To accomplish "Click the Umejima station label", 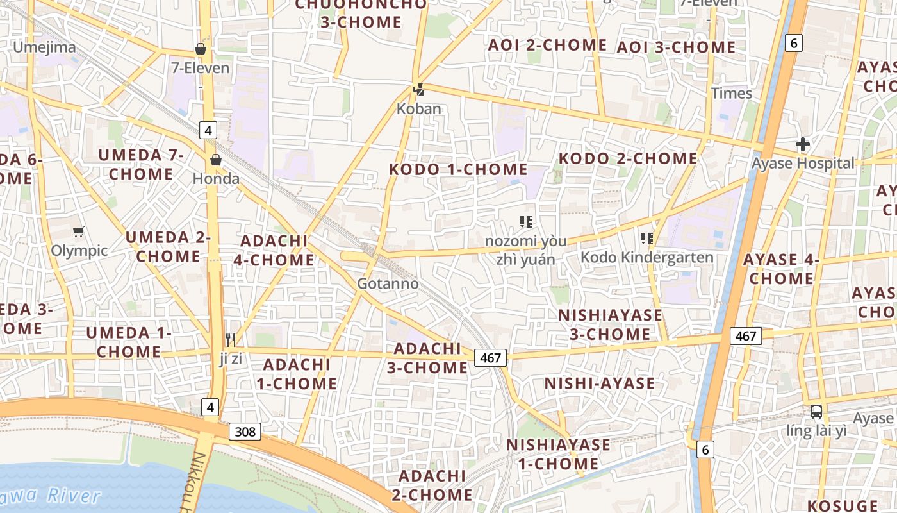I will pos(45,47).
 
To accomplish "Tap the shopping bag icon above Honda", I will pos(216,160).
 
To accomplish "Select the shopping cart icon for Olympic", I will pos(79,231).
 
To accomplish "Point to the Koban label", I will pos(419,108).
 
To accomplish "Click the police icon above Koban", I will pos(419,90).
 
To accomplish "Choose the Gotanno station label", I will pos(388,283).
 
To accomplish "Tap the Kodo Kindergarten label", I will pos(646,257).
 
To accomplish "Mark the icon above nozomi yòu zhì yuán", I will pos(526,222).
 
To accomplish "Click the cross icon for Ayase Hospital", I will pos(802,144).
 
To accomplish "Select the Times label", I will pos(732,93).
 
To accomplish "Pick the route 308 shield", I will pos(245,432).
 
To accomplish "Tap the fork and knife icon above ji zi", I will pos(231,339).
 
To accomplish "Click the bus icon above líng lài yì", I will pos(816,412).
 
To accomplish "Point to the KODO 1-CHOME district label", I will pos(459,169).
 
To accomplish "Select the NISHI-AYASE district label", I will pos(600,383).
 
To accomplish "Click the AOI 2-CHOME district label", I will pos(547,45).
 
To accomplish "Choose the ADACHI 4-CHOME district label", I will pos(277,251).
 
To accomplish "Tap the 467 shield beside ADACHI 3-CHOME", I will pos(490,358).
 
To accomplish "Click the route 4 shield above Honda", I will pos(208,130).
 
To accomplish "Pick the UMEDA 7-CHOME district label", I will pos(141,164).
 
